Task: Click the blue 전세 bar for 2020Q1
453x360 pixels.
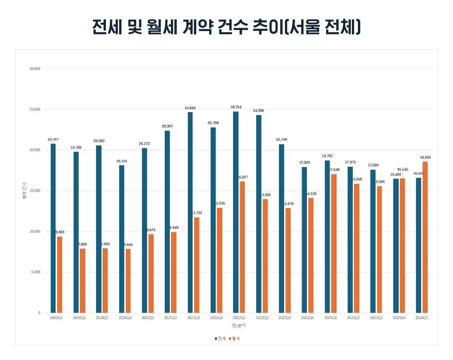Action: tap(53, 228)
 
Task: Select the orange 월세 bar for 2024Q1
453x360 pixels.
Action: tap(425, 237)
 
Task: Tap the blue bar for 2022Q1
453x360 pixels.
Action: tap(236, 212)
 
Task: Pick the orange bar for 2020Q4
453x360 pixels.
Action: tap(128, 281)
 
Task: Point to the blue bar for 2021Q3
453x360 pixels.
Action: tap(190, 213)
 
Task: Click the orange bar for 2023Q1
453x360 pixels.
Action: tap(334, 244)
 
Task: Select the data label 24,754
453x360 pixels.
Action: tap(236, 107)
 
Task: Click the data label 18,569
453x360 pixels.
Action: tap(425, 158)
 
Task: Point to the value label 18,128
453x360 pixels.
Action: tap(121, 161)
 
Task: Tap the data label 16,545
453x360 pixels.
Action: tap(402, 170)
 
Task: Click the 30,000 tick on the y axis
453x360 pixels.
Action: tap(35, 69)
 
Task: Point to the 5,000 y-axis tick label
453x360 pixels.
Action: tap(36, 272)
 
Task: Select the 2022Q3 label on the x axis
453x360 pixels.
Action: tap(285, 318)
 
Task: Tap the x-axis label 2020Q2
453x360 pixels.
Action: tap(79, 318)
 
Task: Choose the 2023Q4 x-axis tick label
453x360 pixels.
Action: tap(399, 318)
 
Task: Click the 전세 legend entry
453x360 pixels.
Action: tap(220, 339)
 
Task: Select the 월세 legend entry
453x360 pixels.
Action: tap(234, 339)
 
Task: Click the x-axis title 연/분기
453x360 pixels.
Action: tap(239, 326)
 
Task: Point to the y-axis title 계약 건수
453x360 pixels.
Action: tap(25, 190)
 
